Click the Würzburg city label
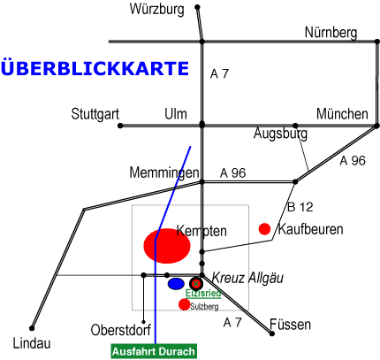pyautogui.click(x=157, y=10)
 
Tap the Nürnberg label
pyautogui.click(x=331, y=33)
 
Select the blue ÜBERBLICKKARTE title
pyautogui.click(x=95, y=67)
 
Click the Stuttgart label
pyautogui.click(x=95, y=114)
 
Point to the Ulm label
pyautogui.click(x=176, y=114)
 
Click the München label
pyautogui.click(x=342, y=113)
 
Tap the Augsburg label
pyautogui.click(x=280, y=134)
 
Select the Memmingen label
pyautogui.click(x=164, y=172)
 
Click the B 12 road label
pyautogui.click(x=300, y=207)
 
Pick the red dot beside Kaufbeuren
pyautogui.click(x=264, y=229)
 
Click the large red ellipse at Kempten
pyautogui.click(x=167, y=246)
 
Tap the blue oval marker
pyautogui.click(x=176, y=284)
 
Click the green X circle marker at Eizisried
pyautogui.click(x=196, y=284)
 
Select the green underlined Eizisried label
pyautogui.click(x=203, y=294)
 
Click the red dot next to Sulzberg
pyautogui.click(x=185, y=304)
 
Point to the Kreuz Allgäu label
pyautogui.click(x=247, y=278)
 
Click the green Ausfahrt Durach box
pyautogui.click(x=154, y=351)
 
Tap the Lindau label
pyautogui.click(x=32, y=343)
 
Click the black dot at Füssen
pyautogui.click(x=272, y=333)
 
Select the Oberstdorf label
pyautogui.click(x=121, y=330)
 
